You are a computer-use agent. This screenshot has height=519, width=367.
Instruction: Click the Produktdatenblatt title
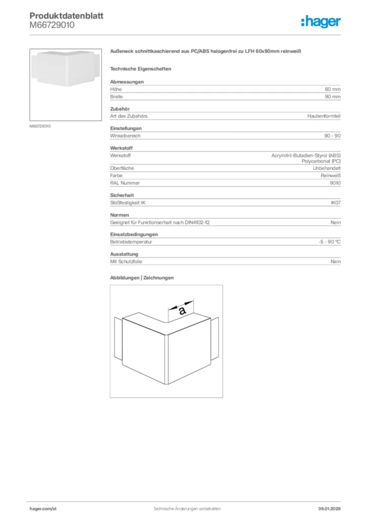pyautogui.click(x=66, y=16)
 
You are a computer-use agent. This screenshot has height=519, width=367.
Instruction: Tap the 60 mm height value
pyautogui.click(x=333, y=89)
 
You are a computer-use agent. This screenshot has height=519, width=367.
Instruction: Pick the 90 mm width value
pyautogui.click(x=333, y=96)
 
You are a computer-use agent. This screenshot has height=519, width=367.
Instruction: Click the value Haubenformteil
pyautogui.click(x=324, y=116)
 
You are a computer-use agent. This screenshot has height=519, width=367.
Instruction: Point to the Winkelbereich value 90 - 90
pyautogui.click(x=332, y=136)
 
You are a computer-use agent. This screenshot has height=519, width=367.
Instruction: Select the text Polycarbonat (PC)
pyautogui.click(x=321, y=161)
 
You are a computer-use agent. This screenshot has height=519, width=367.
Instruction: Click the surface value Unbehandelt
pyautogui.click(x=326, y=168)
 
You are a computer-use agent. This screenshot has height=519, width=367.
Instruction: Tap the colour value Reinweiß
pyautogui.click(x=331, y=175)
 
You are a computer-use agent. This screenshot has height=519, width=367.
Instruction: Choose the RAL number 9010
pyautogui.click(x=335, y=183)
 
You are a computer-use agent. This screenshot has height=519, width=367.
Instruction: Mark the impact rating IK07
pyautogui.click(x=336, y=203)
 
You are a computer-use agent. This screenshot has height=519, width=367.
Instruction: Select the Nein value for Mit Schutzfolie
pyautogui.click(x=336, y=262)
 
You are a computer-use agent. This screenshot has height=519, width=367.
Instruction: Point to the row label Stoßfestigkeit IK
pyautogui.click(x=128, y=203)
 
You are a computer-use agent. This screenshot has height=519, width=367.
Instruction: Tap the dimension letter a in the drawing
pyautogui.click(x=182, y=310)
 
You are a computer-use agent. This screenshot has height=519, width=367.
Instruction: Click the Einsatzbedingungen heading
pyautogui.click(x=134, y=235)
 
